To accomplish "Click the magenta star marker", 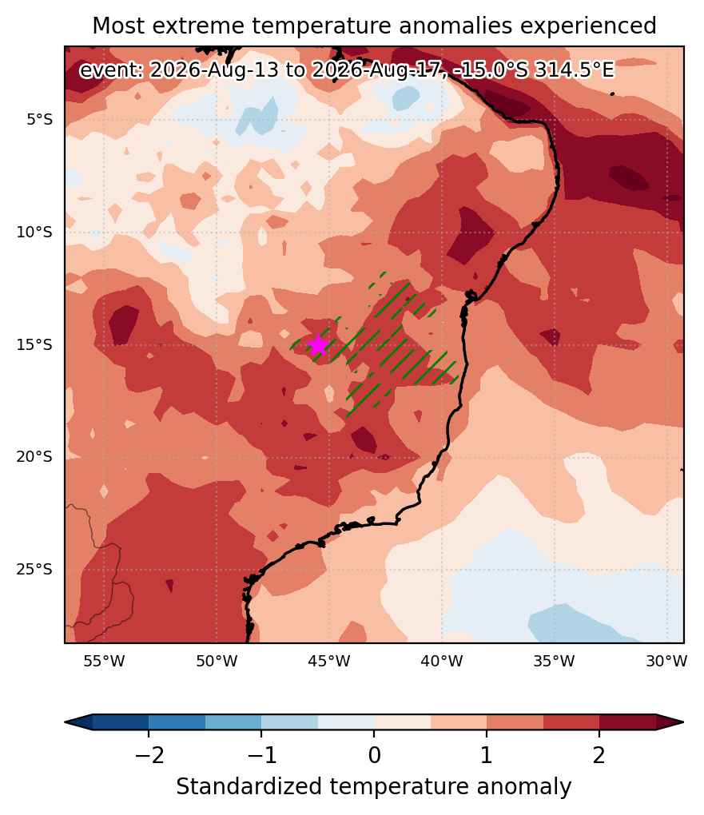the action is pyautogui.click(x=318, y=344).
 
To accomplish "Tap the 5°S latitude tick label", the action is pyautogui.click(x=39, y=120).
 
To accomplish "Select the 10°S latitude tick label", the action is pyautogui.click(x=34, y=233).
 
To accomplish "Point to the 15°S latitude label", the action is pyautogui.click(x=34, y=344).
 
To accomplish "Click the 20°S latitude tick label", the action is pyautogui.click(x=34, y=457).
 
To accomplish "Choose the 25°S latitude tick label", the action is pyautogui.click(x=34, y=569).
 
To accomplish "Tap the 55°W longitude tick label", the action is pyautogui.click(x=104, y=661).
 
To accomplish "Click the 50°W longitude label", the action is pyautogui.click(x=217, y=661).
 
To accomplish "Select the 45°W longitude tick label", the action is pyautogui.click(x=329, y=661).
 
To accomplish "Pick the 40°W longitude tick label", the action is pyautogui.click(x=441, y=661).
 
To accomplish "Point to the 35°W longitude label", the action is pyautogui.click(x=555, y=661).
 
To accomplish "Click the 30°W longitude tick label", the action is pyautogui.click(x=666, y=661).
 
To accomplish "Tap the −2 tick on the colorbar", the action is pyautogui.click(x=149, y=755).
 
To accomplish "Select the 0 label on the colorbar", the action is pyautogui.click(x=374, y=755).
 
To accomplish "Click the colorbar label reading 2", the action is pyautogui.click(x=599, y=755).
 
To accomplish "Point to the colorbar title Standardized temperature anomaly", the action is pyautogui.click(x=374, y=786).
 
